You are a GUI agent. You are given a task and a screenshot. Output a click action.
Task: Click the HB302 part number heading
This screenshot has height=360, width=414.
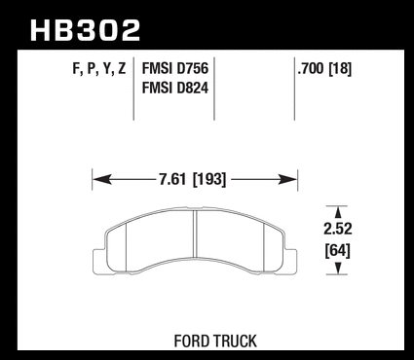[x=85, y=30]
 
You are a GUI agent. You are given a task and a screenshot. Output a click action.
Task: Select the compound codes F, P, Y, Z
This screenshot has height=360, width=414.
[x=99, y=69]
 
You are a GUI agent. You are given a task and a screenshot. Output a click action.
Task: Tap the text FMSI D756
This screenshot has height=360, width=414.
[x=175, y=68]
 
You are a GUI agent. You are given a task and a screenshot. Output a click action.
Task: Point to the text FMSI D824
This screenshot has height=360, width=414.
[x=175, y=88]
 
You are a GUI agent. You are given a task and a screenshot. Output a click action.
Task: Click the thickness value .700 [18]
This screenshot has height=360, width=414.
[x=324, y=68]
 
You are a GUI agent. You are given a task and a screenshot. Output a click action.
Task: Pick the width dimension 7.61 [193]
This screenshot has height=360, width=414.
[x=192, y=179]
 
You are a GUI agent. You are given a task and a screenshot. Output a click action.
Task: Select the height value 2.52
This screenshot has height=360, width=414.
[x=338, y=229]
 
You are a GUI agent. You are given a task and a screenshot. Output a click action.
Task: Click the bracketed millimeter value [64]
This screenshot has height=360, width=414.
[x=338, y=250]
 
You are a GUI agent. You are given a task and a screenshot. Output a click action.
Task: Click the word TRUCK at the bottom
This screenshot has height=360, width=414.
[x=235, y=341]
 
